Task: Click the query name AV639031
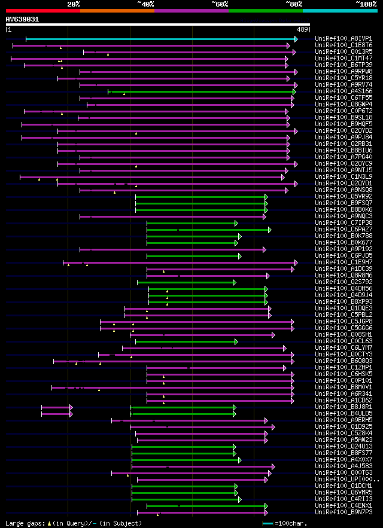coord(23,19)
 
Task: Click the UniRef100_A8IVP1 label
coord(344,39)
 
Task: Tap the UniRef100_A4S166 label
coord(344,91)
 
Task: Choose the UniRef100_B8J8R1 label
coord(344,407)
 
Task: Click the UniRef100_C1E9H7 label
coord(344,263)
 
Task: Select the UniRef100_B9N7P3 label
coord(344,512)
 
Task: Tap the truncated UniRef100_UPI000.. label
coord(346,480)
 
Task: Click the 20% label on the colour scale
coord(74,4)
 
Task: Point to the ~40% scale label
coord(145,4)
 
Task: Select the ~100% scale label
coord(366,4)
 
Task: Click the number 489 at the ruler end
coord(302,29)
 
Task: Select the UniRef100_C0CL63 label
coord(344,341)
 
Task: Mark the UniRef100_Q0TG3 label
coord(344,473)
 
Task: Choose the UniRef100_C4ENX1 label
coord(344,506)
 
